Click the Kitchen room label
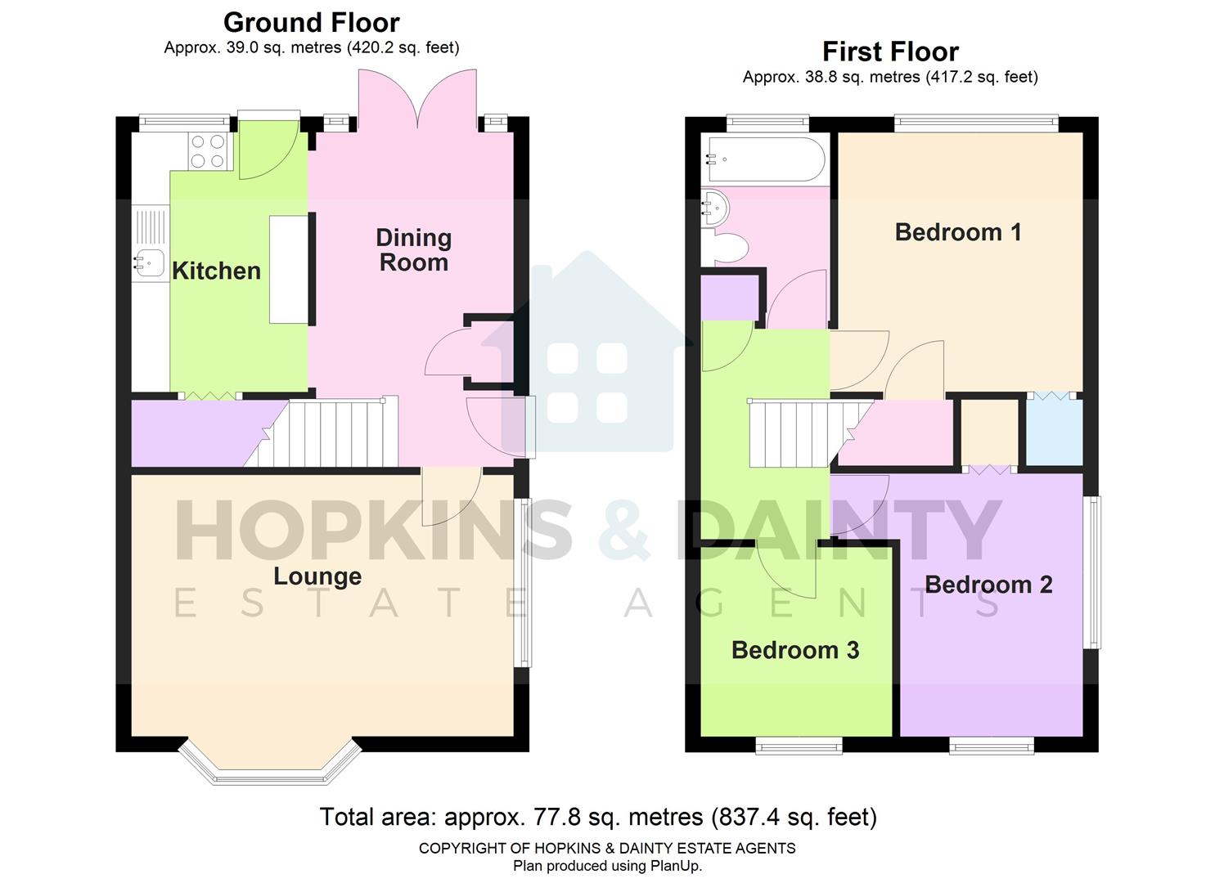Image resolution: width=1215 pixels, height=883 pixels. (216, 271)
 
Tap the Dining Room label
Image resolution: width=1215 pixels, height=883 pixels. (413, 250)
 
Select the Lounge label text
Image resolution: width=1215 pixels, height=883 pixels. (317, 576)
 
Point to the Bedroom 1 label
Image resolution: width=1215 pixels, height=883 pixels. (958, 232)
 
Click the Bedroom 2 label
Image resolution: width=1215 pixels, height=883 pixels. (988, 585)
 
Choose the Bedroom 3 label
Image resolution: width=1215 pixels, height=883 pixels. (795, 650)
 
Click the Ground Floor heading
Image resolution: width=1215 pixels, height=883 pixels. (312, 22)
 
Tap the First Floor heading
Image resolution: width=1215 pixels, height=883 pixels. (890, 52)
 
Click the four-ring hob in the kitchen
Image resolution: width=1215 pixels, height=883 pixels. (207, 151)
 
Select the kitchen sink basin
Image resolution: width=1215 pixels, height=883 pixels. (150, 262)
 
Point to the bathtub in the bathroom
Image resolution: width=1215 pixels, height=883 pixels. (766, 159)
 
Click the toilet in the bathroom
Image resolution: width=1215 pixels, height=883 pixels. (730, 248)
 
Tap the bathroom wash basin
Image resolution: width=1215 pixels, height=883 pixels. (713, 208)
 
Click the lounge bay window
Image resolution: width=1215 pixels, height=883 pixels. (270, 764)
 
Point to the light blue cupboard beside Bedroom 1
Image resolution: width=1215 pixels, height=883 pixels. (1055, 432)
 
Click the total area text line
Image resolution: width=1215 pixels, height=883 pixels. (598, 817)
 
